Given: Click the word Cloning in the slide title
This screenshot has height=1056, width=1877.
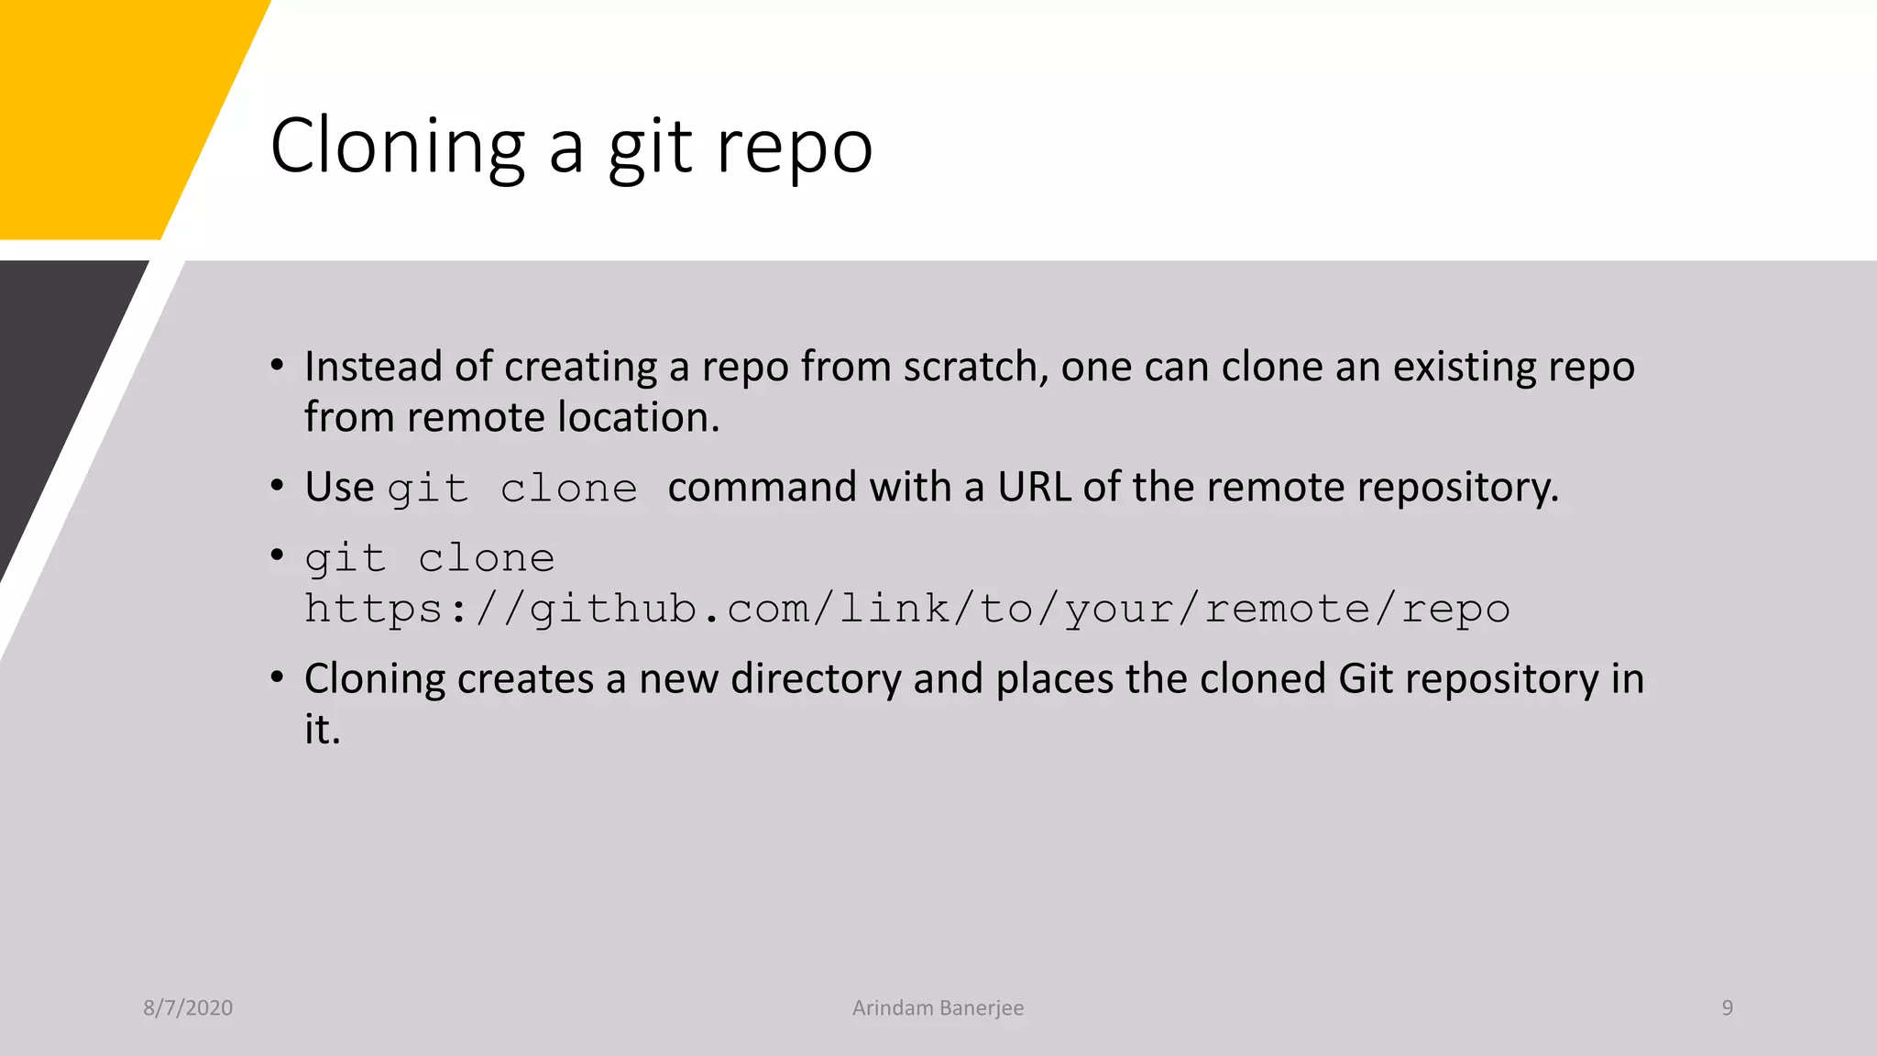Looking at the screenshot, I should [398, 147].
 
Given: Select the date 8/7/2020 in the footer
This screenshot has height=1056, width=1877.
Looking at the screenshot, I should [188, 1007].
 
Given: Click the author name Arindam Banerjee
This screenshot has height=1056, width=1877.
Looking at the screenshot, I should [938, 1007].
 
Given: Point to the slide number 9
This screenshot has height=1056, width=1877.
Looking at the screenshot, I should [1727, 1007].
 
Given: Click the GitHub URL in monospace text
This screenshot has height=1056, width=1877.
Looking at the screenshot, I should [906, 609].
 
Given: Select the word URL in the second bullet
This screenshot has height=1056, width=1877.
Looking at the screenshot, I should [1034, 487].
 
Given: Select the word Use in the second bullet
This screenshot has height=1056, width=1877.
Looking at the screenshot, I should [339, 487].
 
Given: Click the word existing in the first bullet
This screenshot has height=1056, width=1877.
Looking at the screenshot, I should [1464, 367].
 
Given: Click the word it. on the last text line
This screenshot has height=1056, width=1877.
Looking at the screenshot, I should [322, 730].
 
